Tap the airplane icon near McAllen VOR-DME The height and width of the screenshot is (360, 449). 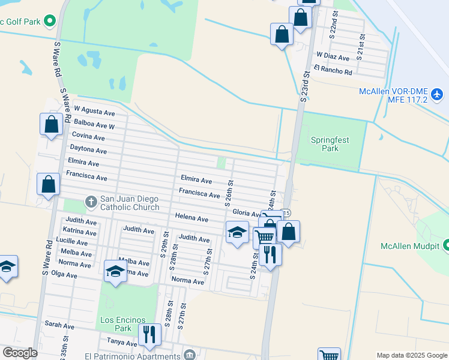tap(436, 94)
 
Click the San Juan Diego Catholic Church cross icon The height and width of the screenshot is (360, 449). tap(91, 200)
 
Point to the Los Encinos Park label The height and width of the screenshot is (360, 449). tap(115, 324)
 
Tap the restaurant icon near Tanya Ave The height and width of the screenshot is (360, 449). tap(149, 335)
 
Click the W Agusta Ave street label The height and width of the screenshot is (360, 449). tap(94, 112)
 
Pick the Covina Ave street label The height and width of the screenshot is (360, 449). tap(88, 137)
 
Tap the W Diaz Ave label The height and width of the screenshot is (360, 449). tap(333, 58)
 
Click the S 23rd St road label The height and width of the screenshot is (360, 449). tap(304, 87)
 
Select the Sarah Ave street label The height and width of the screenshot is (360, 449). tap(59, 325)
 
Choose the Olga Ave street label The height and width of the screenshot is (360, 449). tap(64, 275)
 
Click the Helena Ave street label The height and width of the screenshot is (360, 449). tap(191, 218)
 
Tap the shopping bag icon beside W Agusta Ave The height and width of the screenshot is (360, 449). tap(52, 124)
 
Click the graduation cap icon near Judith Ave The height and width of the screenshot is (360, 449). tap(237, 232)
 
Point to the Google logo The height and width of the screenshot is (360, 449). tap(20, 352)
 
